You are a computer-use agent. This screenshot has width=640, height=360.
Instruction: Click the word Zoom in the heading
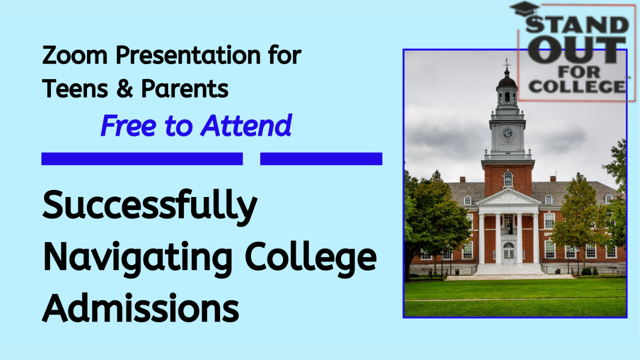[74, 55]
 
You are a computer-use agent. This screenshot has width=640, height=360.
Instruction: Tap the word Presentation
[188, 55]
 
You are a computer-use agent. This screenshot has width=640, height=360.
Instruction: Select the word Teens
[75, 89]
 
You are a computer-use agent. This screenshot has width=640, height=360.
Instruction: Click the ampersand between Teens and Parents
[125, 89]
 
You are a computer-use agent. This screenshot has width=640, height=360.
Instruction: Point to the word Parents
[185, 89]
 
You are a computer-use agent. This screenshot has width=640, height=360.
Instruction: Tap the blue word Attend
[246, 125]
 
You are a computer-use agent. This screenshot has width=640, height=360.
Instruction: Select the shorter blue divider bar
[321, 159]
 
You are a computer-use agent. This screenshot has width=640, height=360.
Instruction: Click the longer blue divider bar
[142, 159]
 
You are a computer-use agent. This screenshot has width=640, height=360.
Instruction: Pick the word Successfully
[150, 207]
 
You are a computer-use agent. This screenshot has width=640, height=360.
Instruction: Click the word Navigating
[137, 259]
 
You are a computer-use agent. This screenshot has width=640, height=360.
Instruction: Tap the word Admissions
[140, 307]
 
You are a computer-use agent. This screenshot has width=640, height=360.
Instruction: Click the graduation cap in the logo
[525, 9]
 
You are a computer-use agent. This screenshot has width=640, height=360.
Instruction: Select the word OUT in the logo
[576, 50]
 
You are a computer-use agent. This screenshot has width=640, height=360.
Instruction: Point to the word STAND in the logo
[577, 24]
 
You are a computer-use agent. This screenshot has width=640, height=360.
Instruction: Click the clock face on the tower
[507, 133]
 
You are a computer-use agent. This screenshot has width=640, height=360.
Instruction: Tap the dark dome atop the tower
[507, 81]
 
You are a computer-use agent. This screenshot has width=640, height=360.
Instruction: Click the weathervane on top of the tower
[507, 63]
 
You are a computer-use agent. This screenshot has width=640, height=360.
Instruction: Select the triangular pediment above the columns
[508, 197]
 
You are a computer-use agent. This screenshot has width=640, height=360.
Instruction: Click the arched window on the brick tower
[507, 179]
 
